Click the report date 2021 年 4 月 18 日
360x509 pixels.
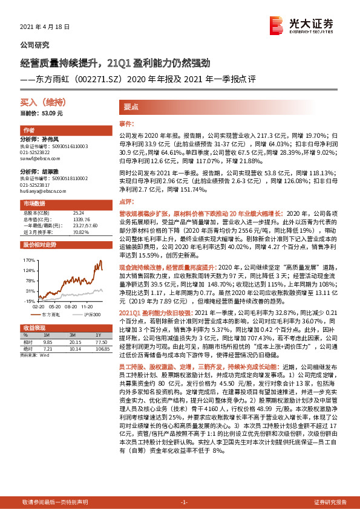coord(45,27)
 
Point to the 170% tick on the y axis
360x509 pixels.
coord(28,260)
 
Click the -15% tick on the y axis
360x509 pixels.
coord(28,300)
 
